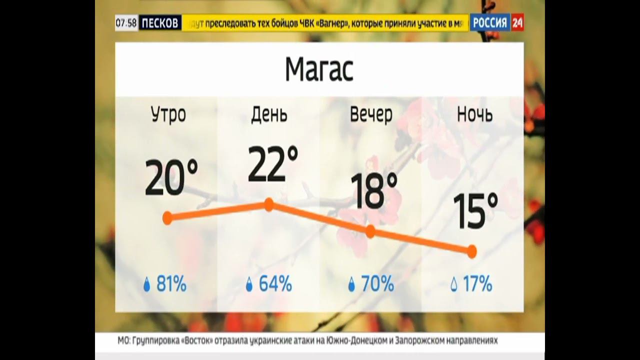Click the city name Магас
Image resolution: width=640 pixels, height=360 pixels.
319,69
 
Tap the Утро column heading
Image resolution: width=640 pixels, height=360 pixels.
168,114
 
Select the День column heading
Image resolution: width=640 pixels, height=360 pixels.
269,114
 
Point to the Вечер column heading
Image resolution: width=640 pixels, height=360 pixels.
371,114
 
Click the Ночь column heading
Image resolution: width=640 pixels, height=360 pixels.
474,114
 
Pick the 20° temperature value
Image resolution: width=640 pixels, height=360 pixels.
171,177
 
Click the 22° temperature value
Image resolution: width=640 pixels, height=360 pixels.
272,164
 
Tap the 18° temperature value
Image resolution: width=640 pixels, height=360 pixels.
373,191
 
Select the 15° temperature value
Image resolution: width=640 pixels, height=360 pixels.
475,211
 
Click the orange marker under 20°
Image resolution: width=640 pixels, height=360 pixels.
167,218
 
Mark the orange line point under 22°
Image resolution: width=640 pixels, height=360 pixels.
269,204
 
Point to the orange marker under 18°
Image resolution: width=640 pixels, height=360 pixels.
370,231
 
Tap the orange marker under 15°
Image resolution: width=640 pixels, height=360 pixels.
471,251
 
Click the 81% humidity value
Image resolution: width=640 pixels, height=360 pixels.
171,284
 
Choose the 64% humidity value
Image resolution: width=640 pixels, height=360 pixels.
275,284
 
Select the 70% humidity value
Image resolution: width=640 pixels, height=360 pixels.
377,284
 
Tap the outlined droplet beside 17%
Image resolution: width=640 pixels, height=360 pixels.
454,285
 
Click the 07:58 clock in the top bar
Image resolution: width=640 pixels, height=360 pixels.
126,23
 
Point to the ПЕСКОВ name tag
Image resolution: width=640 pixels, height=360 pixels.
159,23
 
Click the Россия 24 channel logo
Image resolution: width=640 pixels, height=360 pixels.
496,22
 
